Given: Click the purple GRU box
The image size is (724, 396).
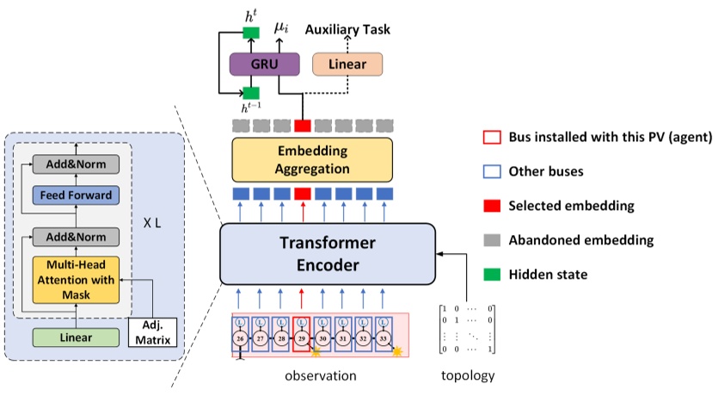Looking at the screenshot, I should (x=263, y=65).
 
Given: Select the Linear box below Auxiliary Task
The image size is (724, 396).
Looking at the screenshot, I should (x=347, y=65).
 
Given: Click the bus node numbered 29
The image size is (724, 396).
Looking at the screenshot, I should (x=301, y=339).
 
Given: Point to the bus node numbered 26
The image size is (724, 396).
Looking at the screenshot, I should (x=240, y=339).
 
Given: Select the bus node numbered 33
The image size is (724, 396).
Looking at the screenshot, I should (x=383, y=339).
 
